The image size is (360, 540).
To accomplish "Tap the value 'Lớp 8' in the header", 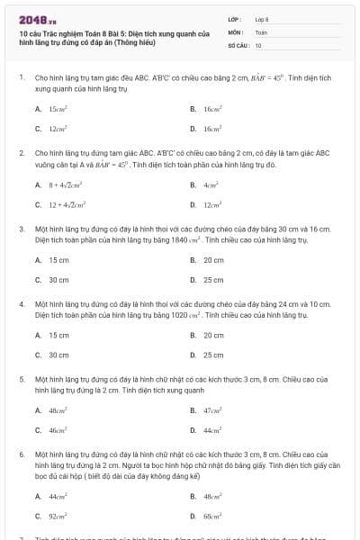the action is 262,19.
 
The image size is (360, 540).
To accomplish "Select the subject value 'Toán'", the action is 261,31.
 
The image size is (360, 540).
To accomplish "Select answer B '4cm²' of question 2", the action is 212,184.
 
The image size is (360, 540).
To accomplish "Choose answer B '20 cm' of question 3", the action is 213,260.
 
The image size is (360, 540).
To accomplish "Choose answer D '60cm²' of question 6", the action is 213,517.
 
